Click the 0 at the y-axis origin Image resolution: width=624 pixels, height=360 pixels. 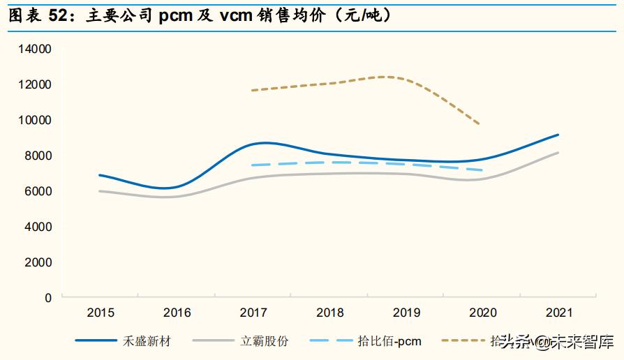(x=48, y=298)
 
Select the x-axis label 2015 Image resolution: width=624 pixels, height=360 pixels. (x=101, y=313)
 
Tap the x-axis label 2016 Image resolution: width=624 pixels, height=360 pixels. (x=177, y=313)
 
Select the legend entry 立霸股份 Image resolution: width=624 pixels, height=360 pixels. (x=265, y=341)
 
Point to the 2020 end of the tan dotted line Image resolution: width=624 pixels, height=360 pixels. (x=480, y=125)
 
